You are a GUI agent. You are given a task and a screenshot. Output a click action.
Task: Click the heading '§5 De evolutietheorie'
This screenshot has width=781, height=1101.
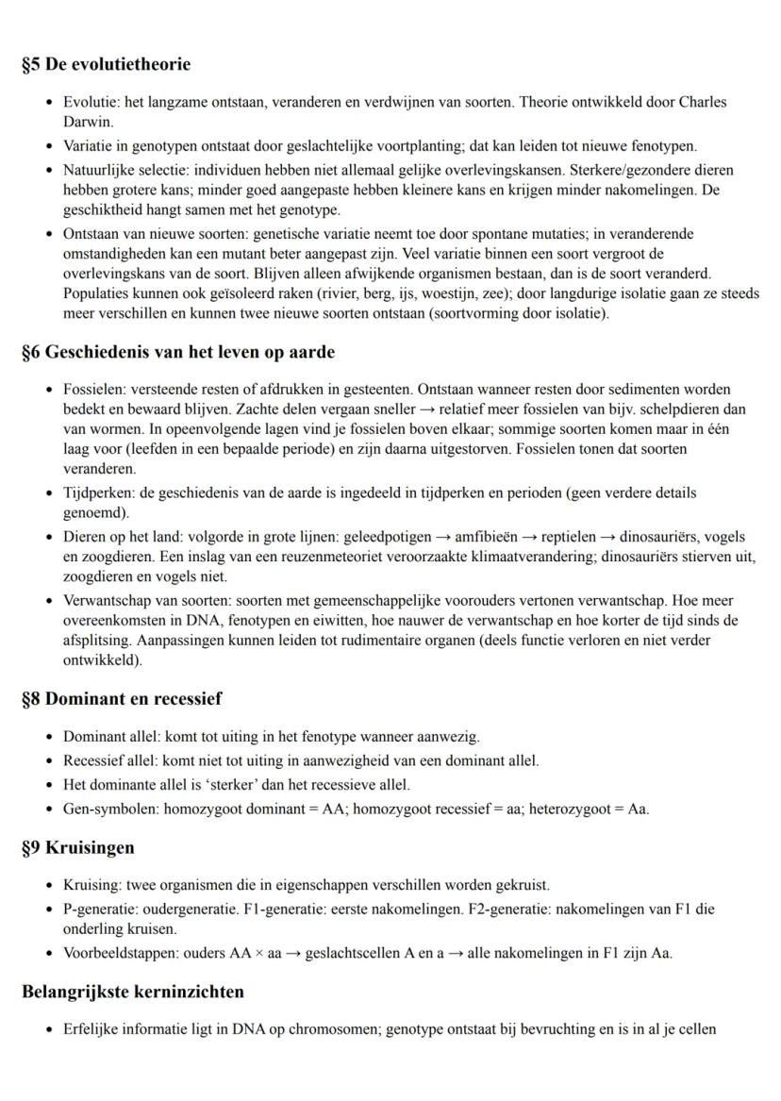[106, 65]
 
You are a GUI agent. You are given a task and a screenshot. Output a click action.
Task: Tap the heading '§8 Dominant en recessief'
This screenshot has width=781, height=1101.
[121, 700]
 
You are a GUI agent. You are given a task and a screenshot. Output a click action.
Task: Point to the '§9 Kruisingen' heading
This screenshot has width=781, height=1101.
[78, 847]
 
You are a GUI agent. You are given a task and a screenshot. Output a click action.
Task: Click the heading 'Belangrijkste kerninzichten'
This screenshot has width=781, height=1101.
[133, 992]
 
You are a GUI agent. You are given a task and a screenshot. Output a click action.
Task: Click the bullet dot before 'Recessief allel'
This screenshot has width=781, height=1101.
[48, 760]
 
